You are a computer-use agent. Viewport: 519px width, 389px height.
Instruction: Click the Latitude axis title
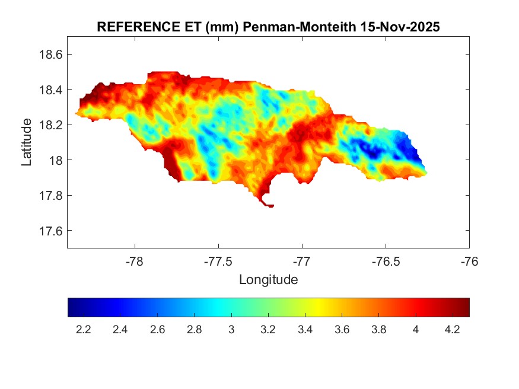click(x=27, y=142)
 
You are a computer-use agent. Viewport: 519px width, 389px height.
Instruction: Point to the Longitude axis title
click(x=268, y=279)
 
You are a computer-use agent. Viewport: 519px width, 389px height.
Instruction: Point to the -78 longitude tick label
click(x=135, y=262)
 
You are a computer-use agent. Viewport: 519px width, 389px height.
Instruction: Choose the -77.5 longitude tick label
click(x=219, y=262)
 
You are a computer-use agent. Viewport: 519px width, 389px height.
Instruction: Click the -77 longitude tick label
click(x=303, y=262)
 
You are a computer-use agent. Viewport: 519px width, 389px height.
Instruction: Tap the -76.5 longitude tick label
click(x=386, y=262)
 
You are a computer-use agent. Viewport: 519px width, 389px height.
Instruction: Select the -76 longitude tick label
click(x=470, y=262)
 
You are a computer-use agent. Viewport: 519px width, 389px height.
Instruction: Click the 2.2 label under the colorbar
click(x=84, y=330)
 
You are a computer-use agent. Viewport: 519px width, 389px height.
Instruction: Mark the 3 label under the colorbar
click(x=231, y=330)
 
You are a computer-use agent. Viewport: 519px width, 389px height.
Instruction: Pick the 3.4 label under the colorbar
click(x=305, y=330)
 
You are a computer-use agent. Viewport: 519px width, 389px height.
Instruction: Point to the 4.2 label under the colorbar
click(x=453, y=330)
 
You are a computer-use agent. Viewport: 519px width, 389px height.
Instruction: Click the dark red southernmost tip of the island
click(x=270, y=206)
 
